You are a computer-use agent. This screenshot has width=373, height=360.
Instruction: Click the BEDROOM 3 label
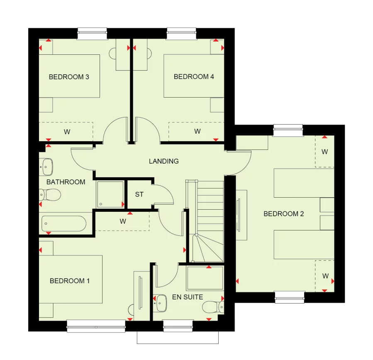[x=69, y=77]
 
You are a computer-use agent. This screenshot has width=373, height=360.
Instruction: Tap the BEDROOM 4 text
[x=194, y=77]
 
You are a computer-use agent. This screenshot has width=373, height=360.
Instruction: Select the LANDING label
[x=164, y=161]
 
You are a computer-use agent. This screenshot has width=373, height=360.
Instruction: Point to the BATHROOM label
[x=66, y=182]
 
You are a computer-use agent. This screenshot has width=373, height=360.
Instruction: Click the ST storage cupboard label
[x=139, y=194]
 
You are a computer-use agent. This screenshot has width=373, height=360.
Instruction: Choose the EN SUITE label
[x=188, y=297]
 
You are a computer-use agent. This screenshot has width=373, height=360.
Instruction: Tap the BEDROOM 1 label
[x=70, y=281]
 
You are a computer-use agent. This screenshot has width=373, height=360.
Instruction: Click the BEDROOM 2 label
[x=284, y=214]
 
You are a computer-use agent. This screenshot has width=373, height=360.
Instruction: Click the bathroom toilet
[x=51, y=194]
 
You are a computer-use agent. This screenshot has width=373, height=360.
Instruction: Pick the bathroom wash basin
[x=47, y=166]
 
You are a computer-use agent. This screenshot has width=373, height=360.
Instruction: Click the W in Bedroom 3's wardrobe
[x=66, y=132]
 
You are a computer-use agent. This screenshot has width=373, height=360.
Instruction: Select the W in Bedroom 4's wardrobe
[x=197, y=132]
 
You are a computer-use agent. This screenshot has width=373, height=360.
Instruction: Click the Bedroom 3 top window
[x=92, y=33]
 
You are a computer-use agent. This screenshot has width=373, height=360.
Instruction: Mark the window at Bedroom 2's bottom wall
[x=290, y=296]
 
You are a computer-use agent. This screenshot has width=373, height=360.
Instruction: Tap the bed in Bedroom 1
[x=71, y=279]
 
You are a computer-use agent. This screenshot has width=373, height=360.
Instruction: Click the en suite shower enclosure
[x=205, y=277]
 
